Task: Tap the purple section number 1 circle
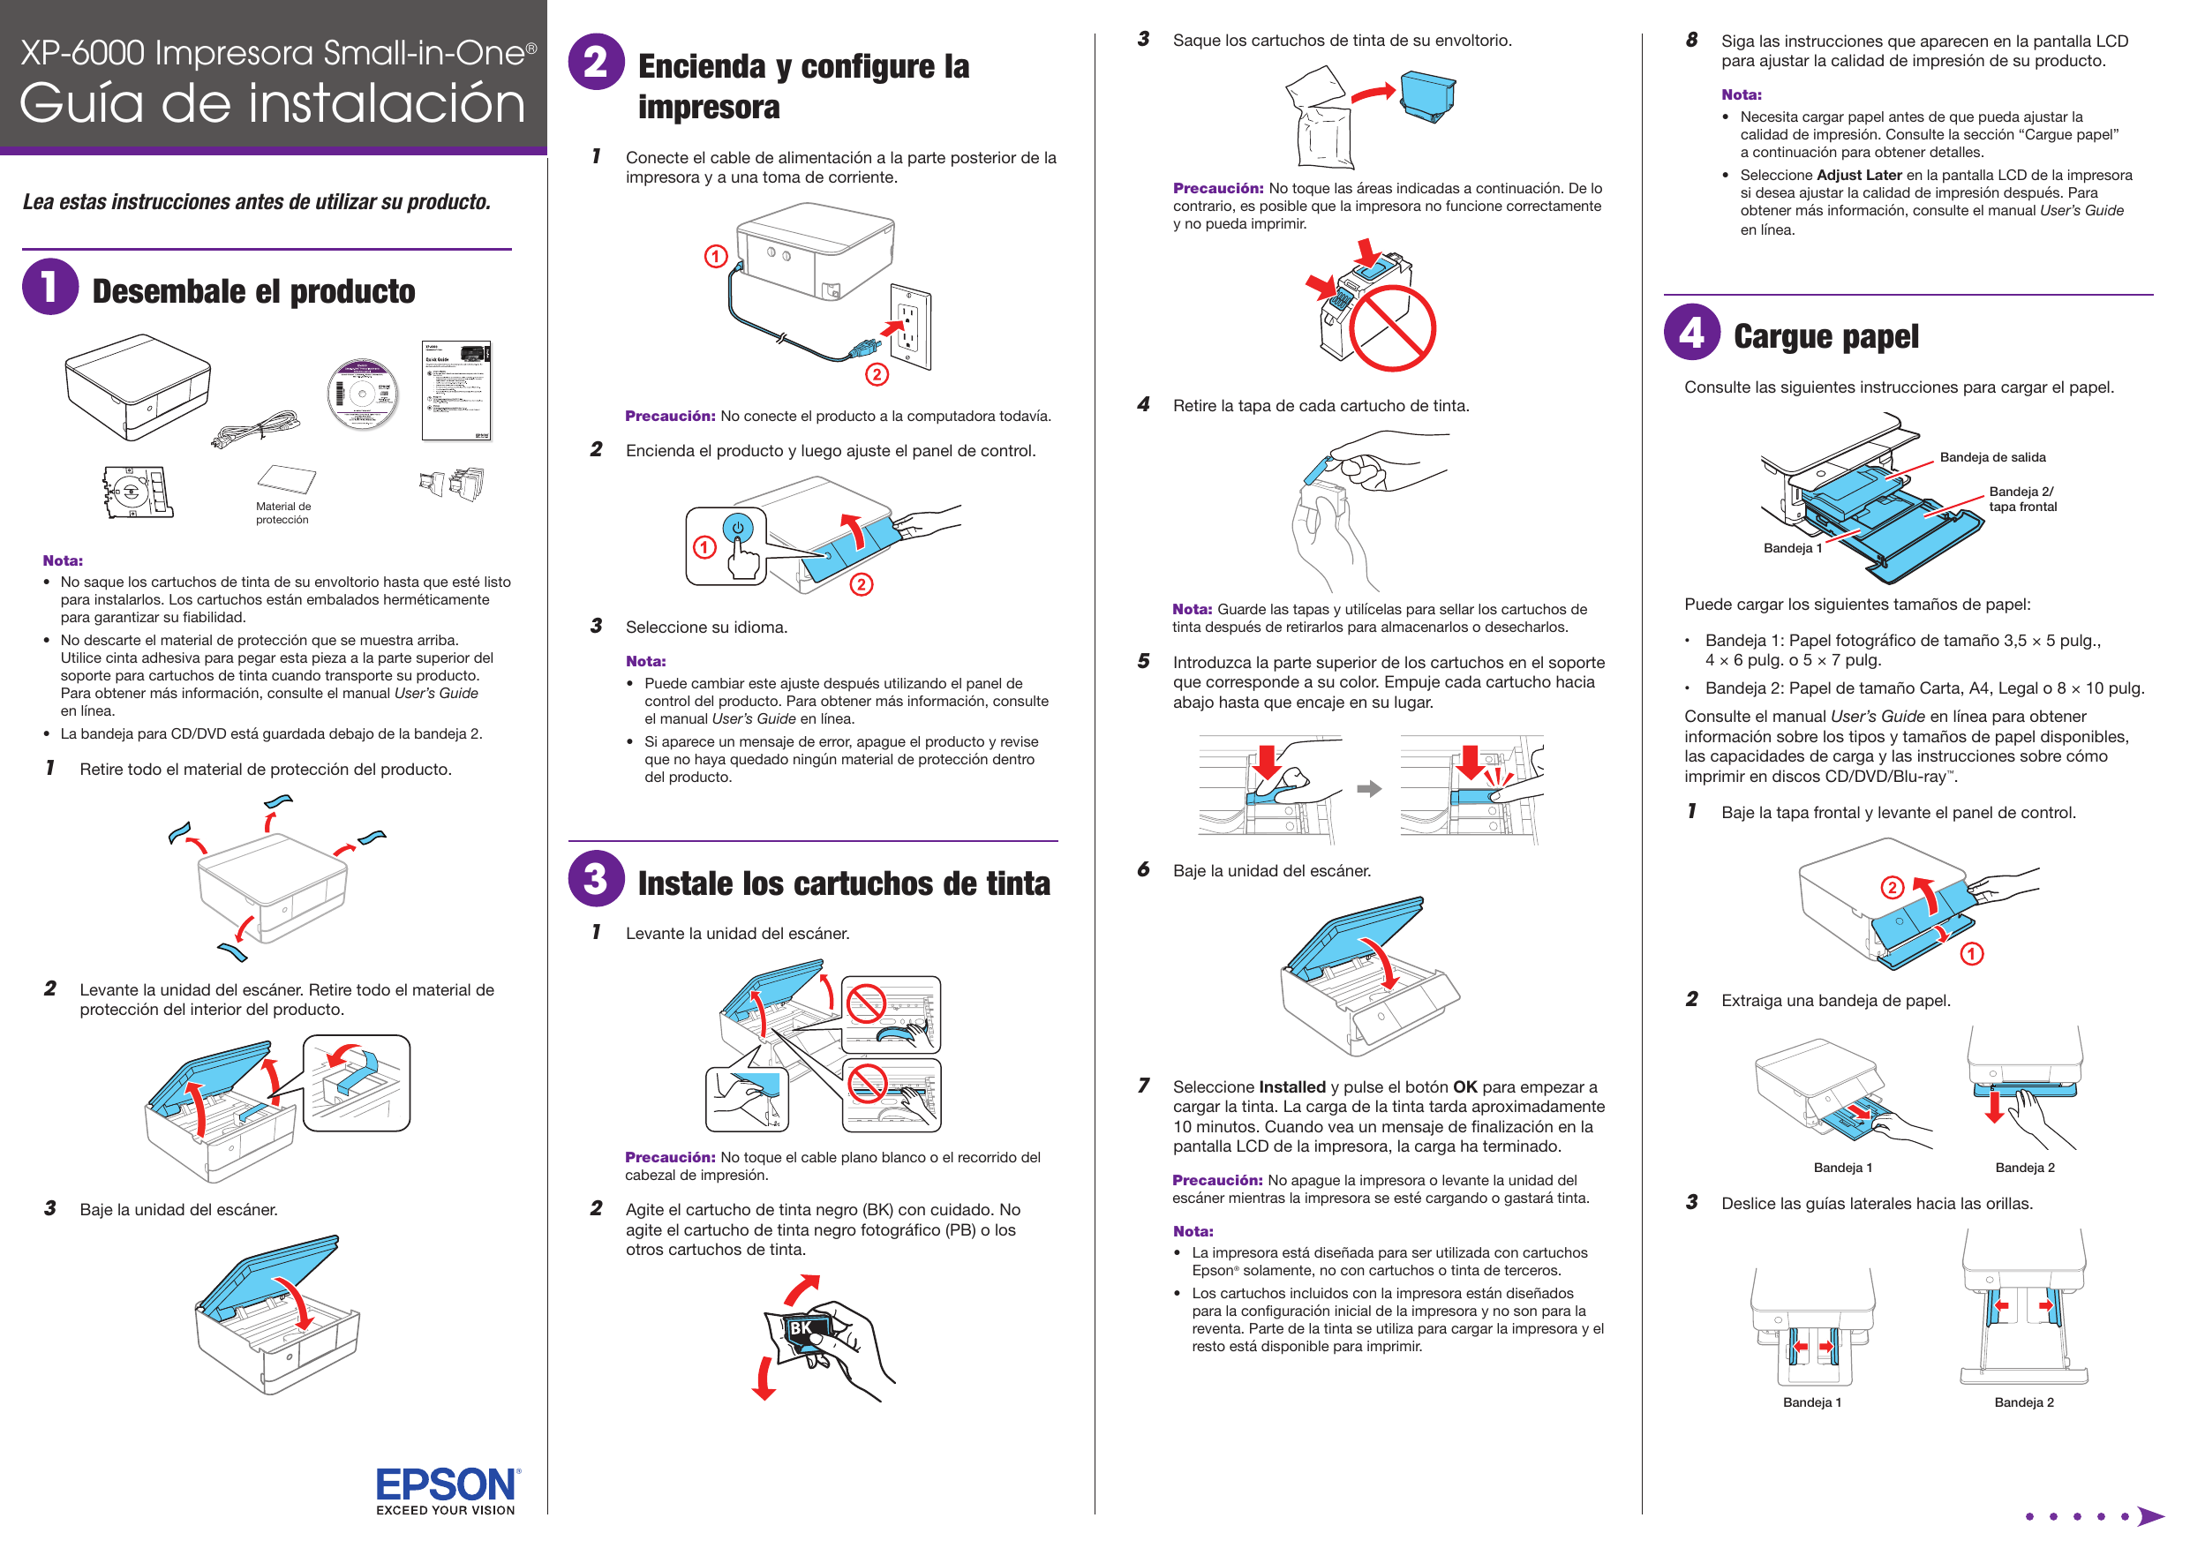[x=49, y=286]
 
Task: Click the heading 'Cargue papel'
[x=1825, y=336]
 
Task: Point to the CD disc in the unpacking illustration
[x=362, y=394]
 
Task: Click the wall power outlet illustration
[x=910, y=327]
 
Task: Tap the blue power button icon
[x=737, y=529]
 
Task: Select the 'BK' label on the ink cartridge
[x=801, y=1327]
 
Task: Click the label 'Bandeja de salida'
[x=1991, y=458]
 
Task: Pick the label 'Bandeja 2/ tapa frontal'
[x=2022, y=499]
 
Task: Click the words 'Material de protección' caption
[x=282, y=513]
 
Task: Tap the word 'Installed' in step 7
[x=1291, y=1086]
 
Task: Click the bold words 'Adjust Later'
[x=1859, y=176]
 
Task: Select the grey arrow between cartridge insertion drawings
[x=1369, y=789]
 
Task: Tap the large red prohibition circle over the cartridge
[x=1392, y=328]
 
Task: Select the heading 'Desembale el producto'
[x=253, y=292]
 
